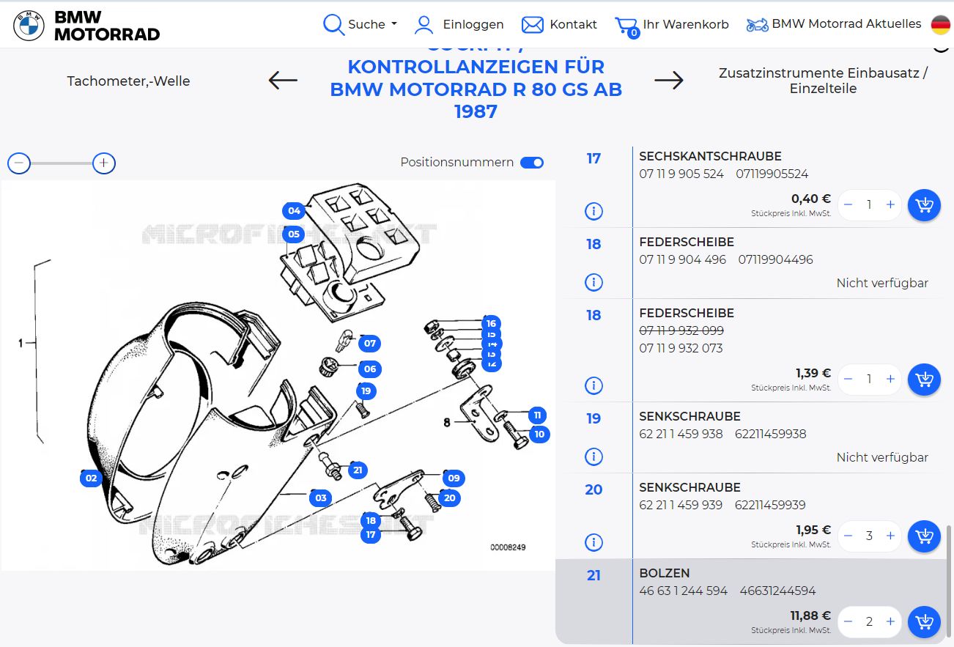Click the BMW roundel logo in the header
pyautogui.click(x=29, y=25)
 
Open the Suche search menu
pyautogui.click(x=360, y=24)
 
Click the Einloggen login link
pyautogui.click(x=459, y=24)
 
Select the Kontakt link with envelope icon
pyautogui.click(x=559, y=24)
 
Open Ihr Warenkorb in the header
pyautogui.click(x=672, y=24)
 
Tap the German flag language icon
pyautogui.click(x=941, y=24)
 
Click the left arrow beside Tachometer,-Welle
pyautogui.click(x=283, y=80)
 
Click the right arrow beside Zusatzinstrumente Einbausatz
pyautogui.click(x=668, y=80)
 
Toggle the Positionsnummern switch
pyautogui.click(x=532, y=163)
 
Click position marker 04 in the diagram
pyautogui.click(x=294, y=211)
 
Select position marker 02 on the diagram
pyautogui.click(x=91, y=478)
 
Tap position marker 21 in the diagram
pyautogui.click(x=357, y=470)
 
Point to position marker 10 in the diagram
pyautogui.click(x=539, y=435)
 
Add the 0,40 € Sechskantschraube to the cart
pyautogui.click(x=924, y=205)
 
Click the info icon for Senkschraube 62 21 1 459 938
pyautogui.click(x=594, y=457)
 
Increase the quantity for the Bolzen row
pyautogui.click(x=890, y=621)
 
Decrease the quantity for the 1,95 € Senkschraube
pyautogui.click(x=848, y=536)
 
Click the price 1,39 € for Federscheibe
pyautogui.click(x=813, y=373)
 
